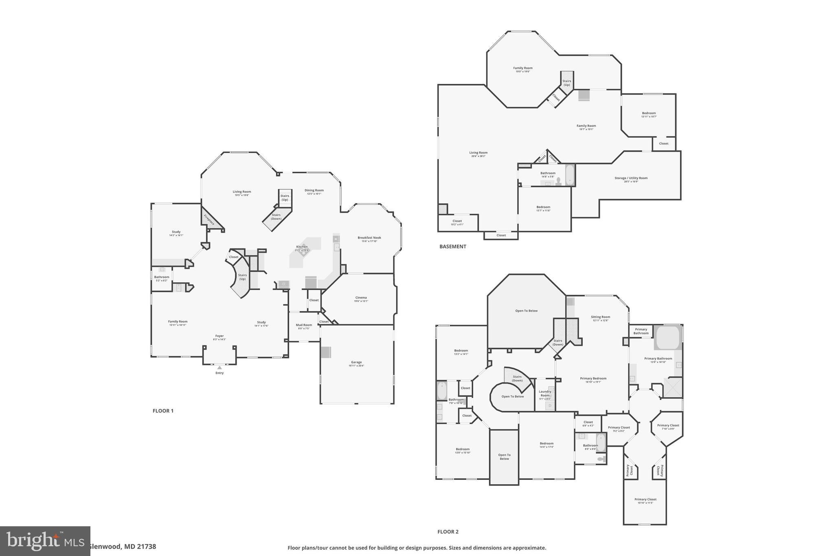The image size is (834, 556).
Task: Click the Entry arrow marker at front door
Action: pyautogui.click(x=219, y=367)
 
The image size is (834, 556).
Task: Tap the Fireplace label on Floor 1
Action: pyautogui.click(x=209, y=219)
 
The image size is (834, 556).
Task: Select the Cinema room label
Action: pyautogui.click(x=361, y=298)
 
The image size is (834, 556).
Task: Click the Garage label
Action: pyautogui.click(x=356, y=362)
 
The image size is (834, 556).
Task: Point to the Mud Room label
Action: pyautogui.click(x=304, y=325)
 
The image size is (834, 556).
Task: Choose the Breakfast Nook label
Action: pyautogui.click(x=369, y=238)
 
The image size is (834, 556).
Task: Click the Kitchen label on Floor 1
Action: pyautogui.click(x=302, y=247)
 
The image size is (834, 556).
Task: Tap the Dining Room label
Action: pyautogui.click(x=314, y=190)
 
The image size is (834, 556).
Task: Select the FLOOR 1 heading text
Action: pyautogui.click(x=163, y=411)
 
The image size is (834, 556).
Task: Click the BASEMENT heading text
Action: pyautogui.click(x=452, y=246)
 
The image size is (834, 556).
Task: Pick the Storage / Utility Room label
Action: pyautogui.click(x=631, y=178)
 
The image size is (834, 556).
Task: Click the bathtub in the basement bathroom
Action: pyautogui.click(x=570, y=175)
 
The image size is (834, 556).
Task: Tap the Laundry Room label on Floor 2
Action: pyautogui.click(x=545, y=393)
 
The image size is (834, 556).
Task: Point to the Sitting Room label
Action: pyautogui.click(x=600, y=317)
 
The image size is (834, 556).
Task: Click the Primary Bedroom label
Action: pyautogui.click(x=593, y=378)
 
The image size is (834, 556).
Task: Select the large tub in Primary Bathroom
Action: pyautogui.click(x=668, y=337)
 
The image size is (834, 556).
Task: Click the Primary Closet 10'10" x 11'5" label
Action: pyautogui.click(x=645, y=499)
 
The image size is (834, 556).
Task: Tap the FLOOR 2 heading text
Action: pyautogui.click(x=448, y=532)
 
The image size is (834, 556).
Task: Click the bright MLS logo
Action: pyautogui.click(x=45, y=541)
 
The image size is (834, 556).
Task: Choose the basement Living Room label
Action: pyautogui.click(x=478, y=153)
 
